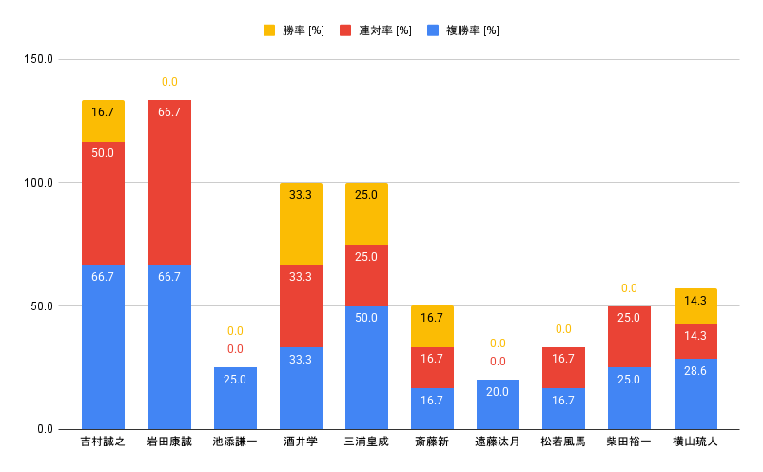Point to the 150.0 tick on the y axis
(39, 59)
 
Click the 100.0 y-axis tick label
(39, 183)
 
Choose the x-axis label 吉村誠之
(103, 442)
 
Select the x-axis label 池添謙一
(235, 442)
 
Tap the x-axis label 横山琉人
(695, 442)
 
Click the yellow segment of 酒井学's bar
(301, 224)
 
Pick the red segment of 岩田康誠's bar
(169, 181)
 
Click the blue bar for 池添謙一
(235, 398)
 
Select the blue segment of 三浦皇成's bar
(366, 367)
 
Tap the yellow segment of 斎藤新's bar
(432, 326)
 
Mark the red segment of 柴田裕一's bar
(629, 337)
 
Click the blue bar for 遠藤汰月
(498, 404)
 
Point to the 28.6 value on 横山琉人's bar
(695, 370)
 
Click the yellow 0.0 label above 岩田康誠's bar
(169, 82)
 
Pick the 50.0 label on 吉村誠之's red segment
(103, 152)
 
